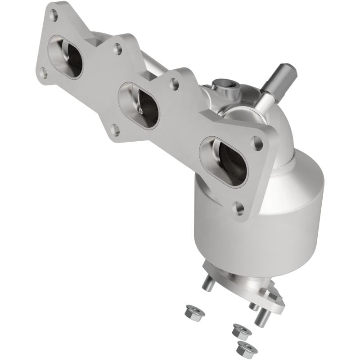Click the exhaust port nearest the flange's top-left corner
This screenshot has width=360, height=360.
67,57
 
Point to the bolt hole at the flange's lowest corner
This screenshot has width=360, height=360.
239,207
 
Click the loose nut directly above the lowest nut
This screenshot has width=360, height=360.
242,331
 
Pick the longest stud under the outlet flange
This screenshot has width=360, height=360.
262,317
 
